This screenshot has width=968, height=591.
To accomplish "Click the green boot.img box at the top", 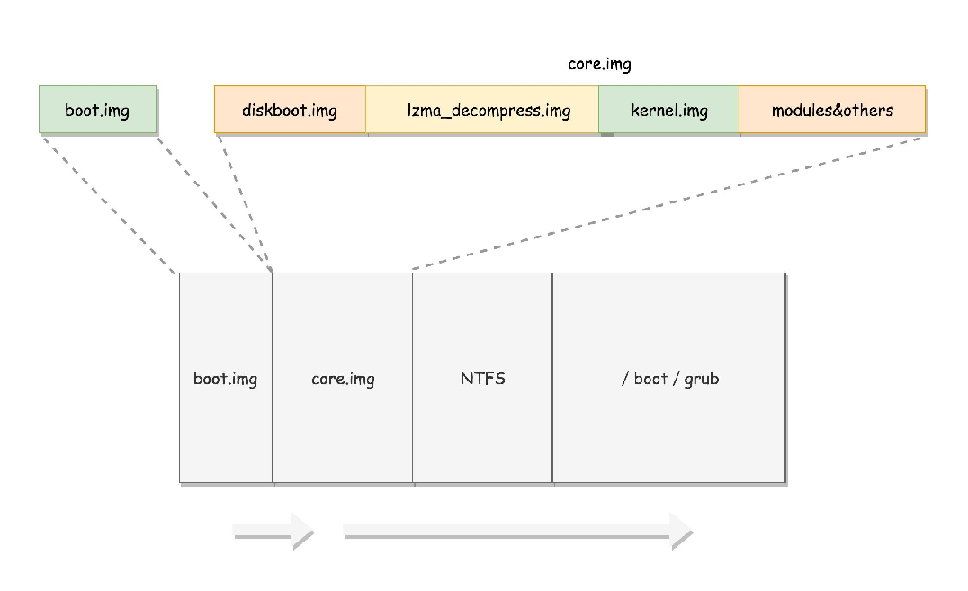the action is pos(97,110).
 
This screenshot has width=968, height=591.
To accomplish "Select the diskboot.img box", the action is pos(291,110).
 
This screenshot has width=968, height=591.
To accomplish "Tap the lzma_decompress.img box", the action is pos(482,110).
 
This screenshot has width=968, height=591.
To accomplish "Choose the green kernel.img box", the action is pos(668,110).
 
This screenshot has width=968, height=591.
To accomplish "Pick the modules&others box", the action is pos(832,110).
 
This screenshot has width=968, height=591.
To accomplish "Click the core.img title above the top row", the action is pos(599,64).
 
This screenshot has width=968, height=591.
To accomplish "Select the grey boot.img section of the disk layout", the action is pos(226,378).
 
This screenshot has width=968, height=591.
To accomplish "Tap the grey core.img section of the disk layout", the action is pos(343,378).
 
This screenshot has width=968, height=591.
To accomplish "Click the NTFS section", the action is pos(483,378).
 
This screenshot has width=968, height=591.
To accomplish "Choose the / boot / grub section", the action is pos(669,378).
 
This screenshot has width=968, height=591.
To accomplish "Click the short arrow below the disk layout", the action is pos(273,530).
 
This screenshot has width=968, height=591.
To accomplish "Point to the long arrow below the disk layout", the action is pos(517,530).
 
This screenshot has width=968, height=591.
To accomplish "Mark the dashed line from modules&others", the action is pos(667,203).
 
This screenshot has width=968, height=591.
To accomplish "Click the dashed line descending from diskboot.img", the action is pos(245,203).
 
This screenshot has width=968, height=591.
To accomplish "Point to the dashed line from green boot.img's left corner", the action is pos(109,204).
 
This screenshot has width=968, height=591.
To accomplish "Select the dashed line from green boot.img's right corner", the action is pos(214,204).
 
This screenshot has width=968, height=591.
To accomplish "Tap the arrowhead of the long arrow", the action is pos(680,530).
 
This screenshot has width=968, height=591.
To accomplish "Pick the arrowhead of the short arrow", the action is pos(302,530).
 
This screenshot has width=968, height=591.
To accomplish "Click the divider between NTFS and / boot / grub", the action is pos(552,378).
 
